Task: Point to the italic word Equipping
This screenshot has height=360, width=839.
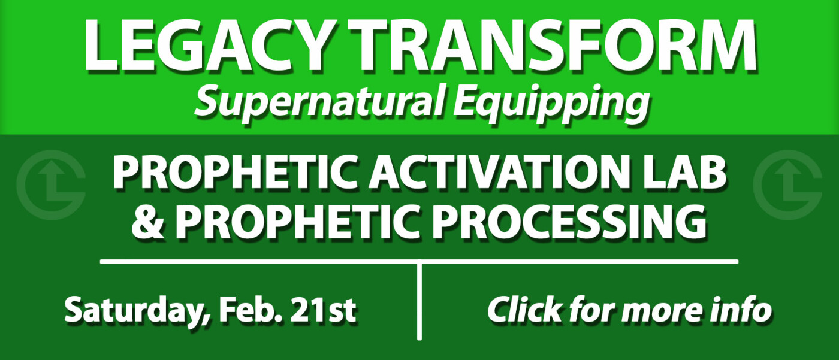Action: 551,103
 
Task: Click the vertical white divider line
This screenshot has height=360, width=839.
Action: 419,300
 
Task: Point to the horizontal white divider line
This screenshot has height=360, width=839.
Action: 419,262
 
